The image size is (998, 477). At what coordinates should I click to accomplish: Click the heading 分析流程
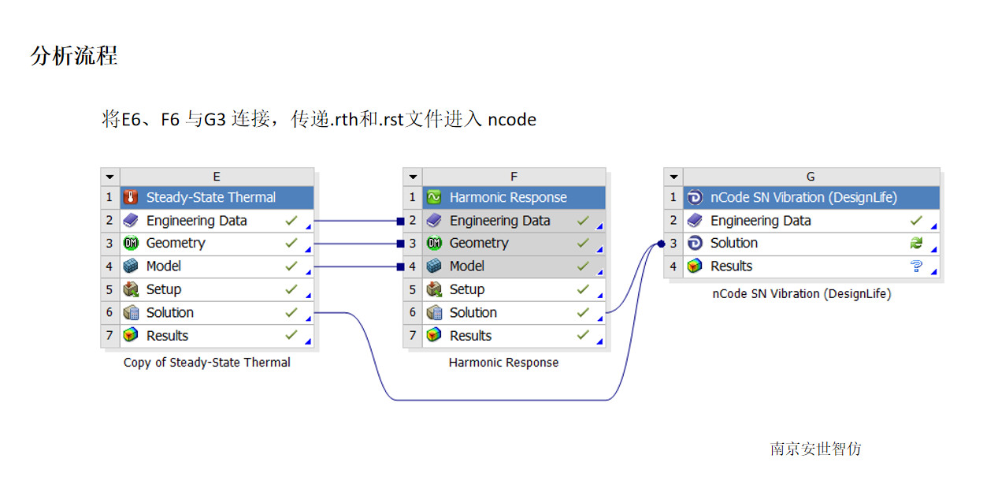[74, 56]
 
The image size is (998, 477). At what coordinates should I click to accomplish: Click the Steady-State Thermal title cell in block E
[210, 197]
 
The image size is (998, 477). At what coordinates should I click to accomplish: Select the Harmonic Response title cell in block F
[507, 197]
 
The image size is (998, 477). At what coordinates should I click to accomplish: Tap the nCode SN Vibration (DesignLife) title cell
[803, 197]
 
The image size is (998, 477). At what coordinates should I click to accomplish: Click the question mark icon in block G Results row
[916, 266]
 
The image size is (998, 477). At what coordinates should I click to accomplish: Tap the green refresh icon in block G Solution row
[916, 244]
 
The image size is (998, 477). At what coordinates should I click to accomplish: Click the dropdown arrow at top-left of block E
[110, 177]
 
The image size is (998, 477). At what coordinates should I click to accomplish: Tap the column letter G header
[811, 177]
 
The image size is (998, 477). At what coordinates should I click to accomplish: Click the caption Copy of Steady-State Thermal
[207, 363]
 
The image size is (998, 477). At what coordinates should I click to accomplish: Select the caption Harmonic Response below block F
[503, 363]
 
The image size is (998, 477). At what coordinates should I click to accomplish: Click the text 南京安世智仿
[815, 449]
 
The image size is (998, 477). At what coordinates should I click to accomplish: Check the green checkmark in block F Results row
[583, 335]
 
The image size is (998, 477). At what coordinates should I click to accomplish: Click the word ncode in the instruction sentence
[512, 120]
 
